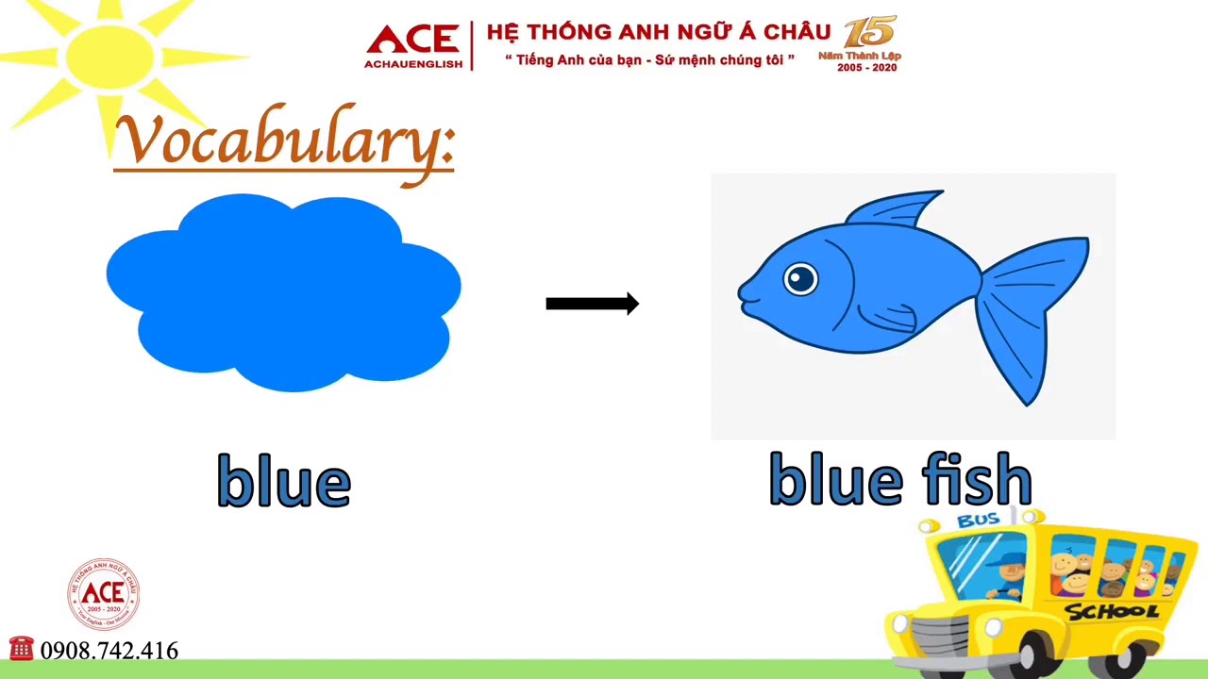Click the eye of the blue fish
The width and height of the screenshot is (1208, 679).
pyautogui.click(x=800, y=278)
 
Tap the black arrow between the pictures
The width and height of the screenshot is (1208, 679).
pyautogui.click(x=592, y=304)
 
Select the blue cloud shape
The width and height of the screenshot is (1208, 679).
pyautogui.click(x=283, y=292)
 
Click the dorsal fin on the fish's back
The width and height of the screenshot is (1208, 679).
pyautogui.click(x=897, y=209)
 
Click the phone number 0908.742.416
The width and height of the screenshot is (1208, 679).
pyautogui.click(x=109, y=651)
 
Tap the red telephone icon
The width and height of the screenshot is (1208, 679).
pyautogui.click(x=21, y=649)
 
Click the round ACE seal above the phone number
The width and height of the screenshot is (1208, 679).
pyautogui.click(x=103, y=594)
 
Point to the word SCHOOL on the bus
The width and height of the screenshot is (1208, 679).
pyautogui.click(x=1112, y=612)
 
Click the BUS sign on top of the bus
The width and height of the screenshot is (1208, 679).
pyautogui.click(x=978, y=520)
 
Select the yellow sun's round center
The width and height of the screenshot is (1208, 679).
pyautogui.click(x=109, y=54)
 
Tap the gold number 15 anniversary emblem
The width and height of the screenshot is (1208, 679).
pyautogui.click(x=869, y=32)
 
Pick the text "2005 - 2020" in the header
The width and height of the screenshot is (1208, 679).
pyautogui.click(x=866, y=68)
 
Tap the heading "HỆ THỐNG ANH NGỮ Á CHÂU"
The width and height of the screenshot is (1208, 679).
pyautogui.click(x=658, y=32)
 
